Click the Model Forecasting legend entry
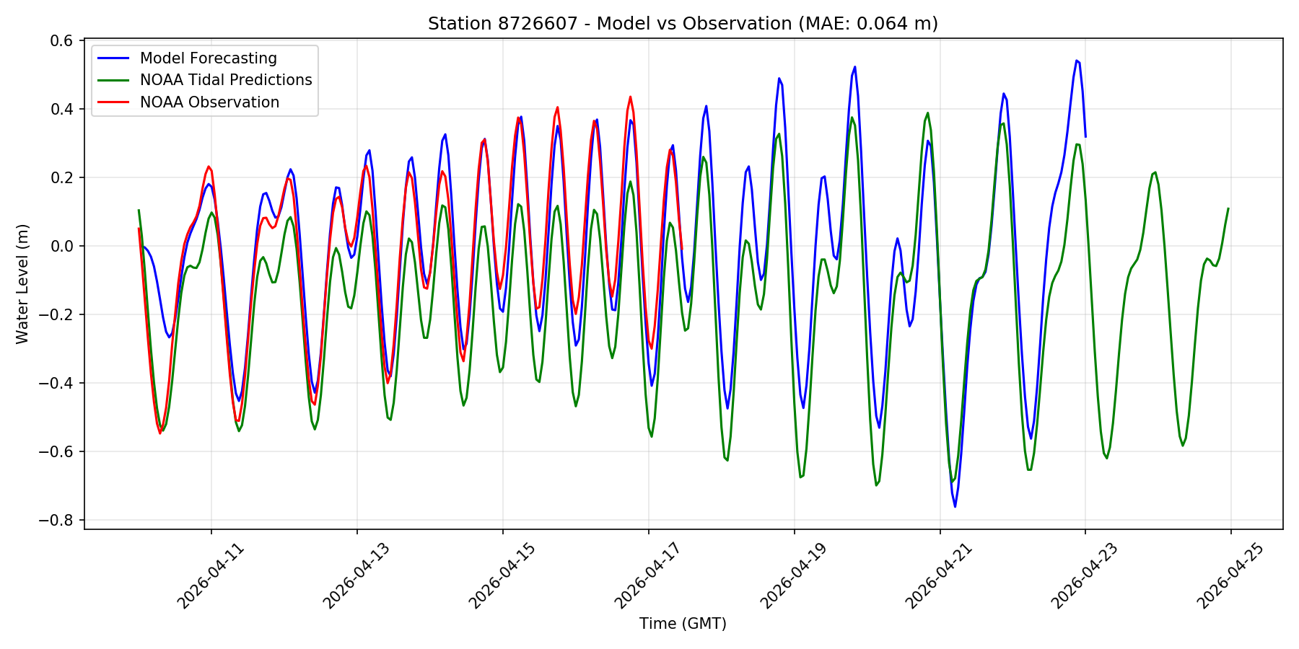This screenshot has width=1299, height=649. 208,58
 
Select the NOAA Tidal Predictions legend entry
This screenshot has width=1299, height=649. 225,80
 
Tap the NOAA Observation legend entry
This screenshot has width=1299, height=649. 209,102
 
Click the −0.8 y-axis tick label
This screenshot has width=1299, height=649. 58,521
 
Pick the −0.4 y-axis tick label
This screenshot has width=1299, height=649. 58,384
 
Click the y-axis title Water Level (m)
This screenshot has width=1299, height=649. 22,283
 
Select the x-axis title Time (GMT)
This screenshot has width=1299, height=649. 683,624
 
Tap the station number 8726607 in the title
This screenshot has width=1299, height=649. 537,24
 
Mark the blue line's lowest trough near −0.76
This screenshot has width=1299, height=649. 955,506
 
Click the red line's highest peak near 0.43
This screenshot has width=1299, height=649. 630,97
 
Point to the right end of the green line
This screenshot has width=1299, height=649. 1228,208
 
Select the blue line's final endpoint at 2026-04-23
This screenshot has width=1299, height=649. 1085,136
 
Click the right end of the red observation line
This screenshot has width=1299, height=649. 682,250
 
